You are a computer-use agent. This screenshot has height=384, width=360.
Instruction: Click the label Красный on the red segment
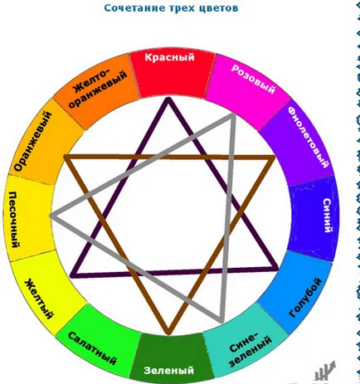169,57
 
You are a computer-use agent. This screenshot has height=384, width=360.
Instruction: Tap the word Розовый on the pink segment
253,80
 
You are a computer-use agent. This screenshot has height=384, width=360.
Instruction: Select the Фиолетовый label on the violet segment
309,138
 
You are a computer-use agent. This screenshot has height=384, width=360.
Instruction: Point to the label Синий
327,216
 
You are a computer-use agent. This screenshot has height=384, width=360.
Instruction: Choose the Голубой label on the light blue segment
305,298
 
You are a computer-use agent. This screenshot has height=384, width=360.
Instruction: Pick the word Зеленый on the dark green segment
168,370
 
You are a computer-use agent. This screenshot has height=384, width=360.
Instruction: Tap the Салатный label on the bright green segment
92,348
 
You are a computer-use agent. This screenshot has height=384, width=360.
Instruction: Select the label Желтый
39,299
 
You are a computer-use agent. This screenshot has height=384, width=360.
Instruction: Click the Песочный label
13,220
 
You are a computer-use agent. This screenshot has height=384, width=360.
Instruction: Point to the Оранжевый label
32,141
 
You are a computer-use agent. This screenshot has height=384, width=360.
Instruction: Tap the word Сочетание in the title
134,7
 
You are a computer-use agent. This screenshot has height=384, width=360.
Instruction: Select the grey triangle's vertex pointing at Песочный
51,216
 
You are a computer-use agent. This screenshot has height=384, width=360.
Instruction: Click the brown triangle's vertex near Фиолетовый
274,158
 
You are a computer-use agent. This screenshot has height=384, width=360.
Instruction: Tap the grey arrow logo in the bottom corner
324,371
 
